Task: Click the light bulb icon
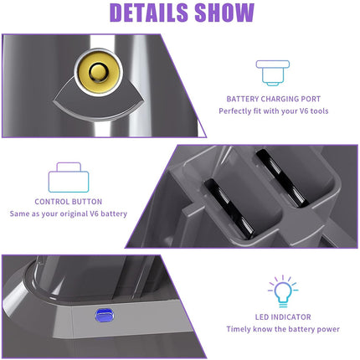[282, 289]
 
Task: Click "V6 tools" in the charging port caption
[296, 111]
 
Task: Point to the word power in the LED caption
[324, 329]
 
